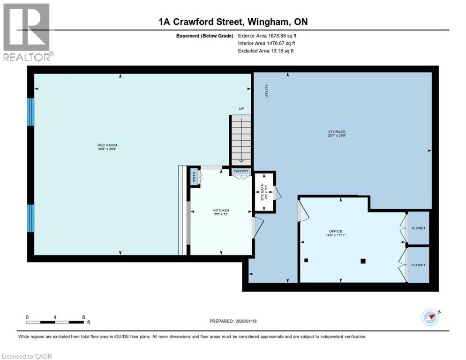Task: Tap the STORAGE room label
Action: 337,132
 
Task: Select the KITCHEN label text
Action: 221,210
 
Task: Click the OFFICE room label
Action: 336,232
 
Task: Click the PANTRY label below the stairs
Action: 241,171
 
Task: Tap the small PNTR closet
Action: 194,177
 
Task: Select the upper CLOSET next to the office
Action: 418,228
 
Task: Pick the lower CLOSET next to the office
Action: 418,265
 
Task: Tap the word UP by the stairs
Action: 241,108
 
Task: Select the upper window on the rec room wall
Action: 31,112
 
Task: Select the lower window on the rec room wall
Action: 31,218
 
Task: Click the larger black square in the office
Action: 363,261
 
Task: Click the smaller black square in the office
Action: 306,260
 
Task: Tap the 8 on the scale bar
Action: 83,317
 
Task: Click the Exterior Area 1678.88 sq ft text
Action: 267,35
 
